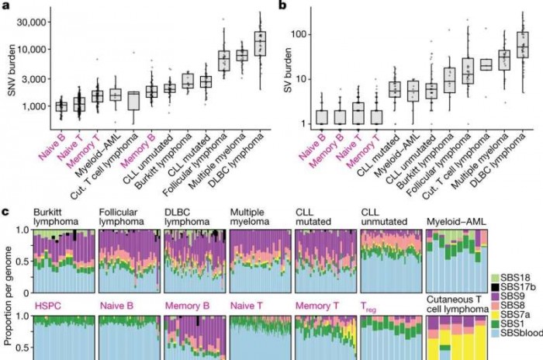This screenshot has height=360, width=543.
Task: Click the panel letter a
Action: click(6, 6)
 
